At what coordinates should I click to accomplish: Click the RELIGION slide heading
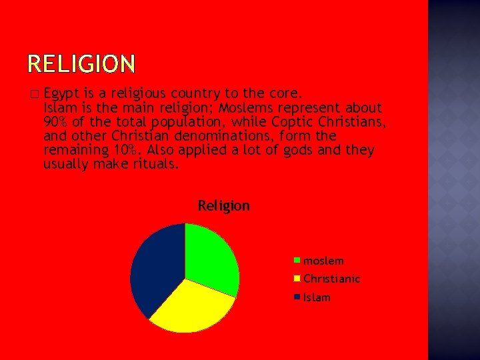(81, 64)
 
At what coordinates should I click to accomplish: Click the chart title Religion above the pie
(223, 206)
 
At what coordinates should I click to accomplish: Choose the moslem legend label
(323, 261)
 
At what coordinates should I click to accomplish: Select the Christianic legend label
(331, 279)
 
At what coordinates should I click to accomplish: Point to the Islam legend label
(317, 297)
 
